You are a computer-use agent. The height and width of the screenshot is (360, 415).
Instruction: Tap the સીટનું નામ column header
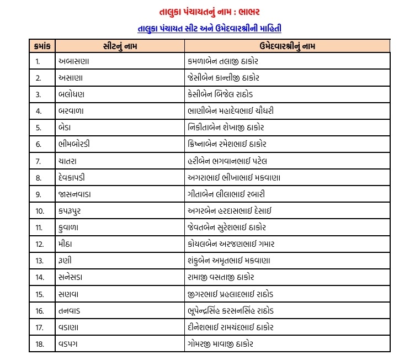119,45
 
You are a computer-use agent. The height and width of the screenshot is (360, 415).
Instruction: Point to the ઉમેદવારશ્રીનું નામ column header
287,45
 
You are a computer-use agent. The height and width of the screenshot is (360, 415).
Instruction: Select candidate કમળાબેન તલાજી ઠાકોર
226,61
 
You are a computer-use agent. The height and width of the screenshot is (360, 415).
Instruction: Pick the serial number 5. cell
39,128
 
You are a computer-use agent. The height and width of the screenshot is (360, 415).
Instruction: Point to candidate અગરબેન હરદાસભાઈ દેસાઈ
230,210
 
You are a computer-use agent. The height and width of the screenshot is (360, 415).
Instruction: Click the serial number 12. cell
39,243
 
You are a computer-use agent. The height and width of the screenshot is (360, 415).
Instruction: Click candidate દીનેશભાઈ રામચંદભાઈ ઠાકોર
230,327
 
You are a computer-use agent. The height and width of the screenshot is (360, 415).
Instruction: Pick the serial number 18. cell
39,344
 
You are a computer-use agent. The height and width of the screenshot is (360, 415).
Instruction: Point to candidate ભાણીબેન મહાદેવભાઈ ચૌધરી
231,111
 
